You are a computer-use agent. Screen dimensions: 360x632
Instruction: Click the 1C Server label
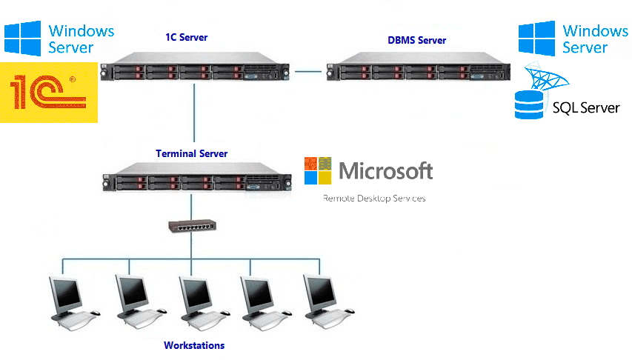point(187,37)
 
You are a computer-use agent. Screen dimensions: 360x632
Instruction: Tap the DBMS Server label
point(417,40)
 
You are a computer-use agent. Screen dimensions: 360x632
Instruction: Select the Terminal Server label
point(192,153)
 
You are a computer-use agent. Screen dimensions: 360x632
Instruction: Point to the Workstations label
point(194,345)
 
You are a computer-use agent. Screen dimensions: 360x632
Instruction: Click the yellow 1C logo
point(49,93)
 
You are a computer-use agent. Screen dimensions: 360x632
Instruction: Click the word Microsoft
point(385,171)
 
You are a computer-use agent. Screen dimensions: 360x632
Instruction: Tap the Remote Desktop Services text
point(374,199)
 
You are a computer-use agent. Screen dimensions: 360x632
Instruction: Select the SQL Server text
point(586,108)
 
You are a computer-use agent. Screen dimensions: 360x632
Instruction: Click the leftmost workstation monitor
point(64,295)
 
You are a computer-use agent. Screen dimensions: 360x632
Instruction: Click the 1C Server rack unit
point(194,69)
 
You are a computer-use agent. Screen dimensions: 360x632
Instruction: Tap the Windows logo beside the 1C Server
point(22,39)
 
